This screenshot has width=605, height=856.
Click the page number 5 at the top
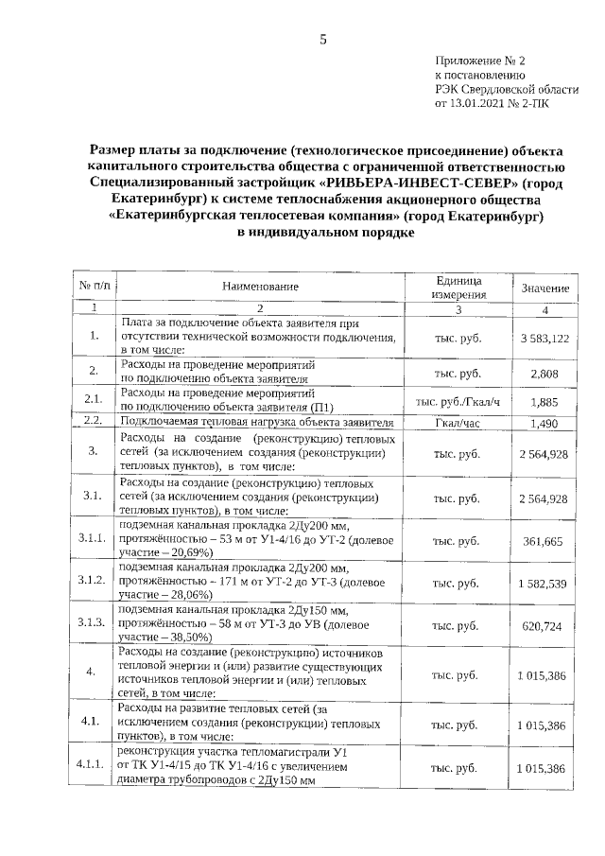click(x=321, y=39)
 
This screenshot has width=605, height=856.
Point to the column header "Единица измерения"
click(x=458, y=287)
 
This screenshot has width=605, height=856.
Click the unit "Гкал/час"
click(x=458, y=424)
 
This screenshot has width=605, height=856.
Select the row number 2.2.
click(x=93, y=420)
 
